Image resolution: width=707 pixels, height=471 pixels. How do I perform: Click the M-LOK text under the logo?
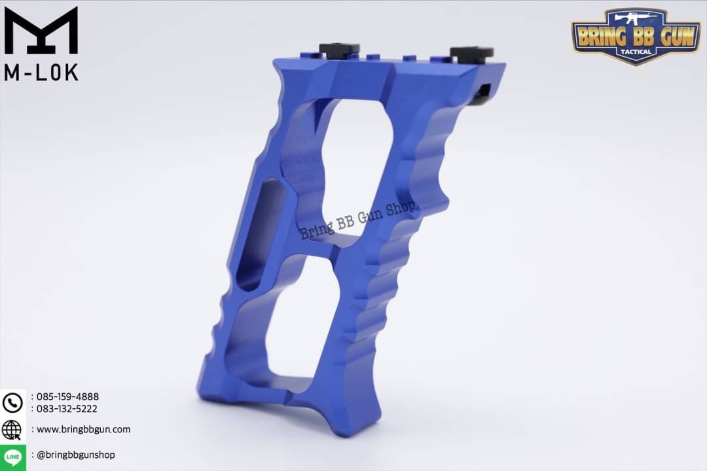coord(41,72)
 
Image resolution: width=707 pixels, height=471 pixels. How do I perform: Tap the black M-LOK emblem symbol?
coord(41,30)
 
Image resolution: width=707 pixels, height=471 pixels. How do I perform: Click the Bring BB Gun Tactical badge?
coord(636,35)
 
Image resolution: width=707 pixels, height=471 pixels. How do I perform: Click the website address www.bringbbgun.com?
coord(83,430)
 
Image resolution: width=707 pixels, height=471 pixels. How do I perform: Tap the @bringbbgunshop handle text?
coord(76,455)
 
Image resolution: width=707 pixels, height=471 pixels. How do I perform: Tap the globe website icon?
coord(12,430)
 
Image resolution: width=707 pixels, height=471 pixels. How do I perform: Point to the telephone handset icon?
coord(12,402)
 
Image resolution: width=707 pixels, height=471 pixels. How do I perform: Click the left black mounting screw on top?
coord(339,50)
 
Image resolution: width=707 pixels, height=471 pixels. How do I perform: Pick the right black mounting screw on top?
coord(471,52)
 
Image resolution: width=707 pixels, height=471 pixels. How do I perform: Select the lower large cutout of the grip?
coord(301,327)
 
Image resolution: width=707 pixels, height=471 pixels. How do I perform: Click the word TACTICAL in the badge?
coord(635,52)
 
